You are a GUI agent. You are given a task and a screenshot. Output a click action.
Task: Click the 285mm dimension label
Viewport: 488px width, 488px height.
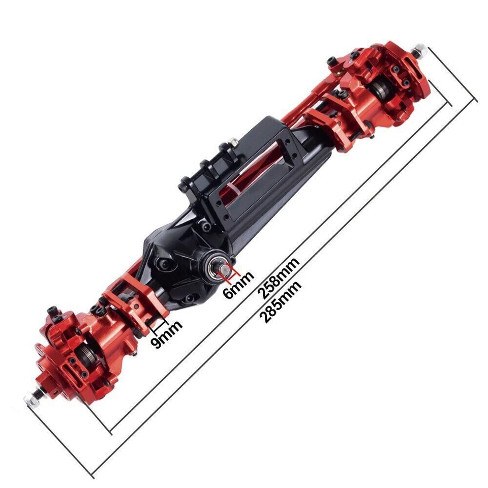pyautogui.click(x=281, y=301)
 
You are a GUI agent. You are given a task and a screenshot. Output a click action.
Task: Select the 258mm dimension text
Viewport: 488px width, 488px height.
pyautogui.click(x=278, y=278)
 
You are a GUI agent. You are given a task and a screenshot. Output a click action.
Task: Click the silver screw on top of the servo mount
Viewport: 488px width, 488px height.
pyautogui.click(x=232, y=140)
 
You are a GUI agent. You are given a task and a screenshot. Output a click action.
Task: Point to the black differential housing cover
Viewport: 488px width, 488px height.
pyautogui.click(x=178, y=259)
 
